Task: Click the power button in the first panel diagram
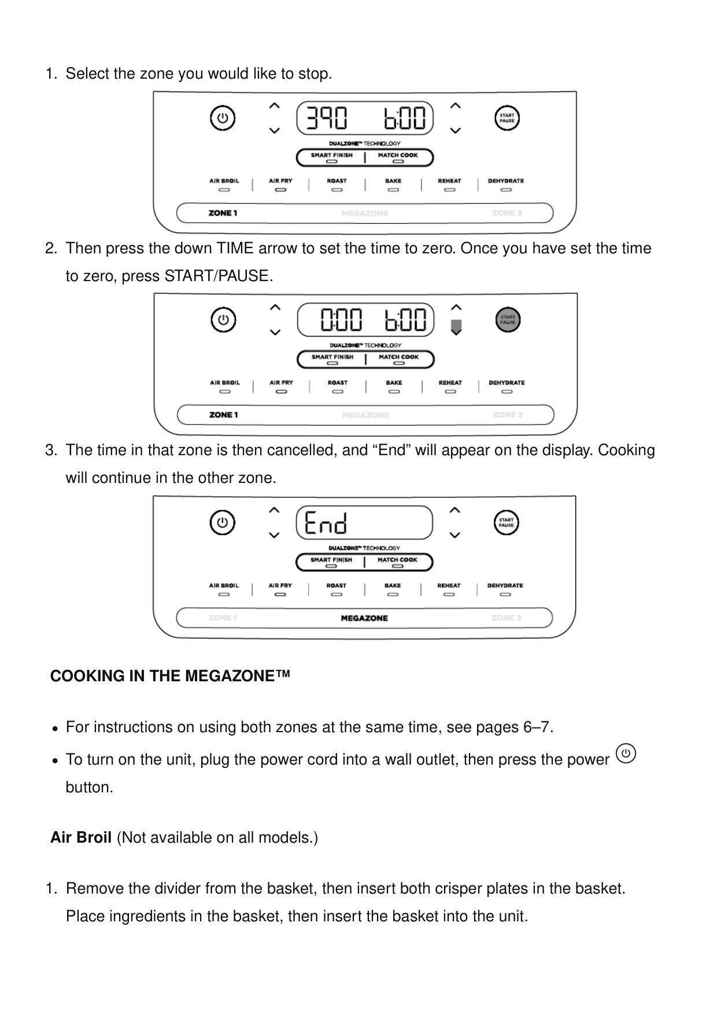coord(223,119)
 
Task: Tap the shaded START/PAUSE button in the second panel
coord(508,320)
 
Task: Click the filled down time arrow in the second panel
coord(456,328)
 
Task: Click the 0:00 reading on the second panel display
coord(341,320)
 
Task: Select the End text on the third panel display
coord(326,523)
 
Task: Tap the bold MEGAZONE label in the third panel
coord(364,618)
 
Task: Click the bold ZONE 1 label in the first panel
coord(223,213)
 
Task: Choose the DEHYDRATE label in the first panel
coord(506,181)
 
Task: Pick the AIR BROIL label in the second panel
coord(224,383)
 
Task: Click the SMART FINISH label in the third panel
coord(331,560)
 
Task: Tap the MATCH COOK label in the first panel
coord(398,155)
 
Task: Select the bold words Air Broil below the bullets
coord(81,837)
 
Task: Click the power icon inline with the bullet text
coord(626,754)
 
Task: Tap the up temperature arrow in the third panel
coord(274,510)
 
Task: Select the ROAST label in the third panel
coord(336,586)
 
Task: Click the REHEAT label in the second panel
coord(450,383)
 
